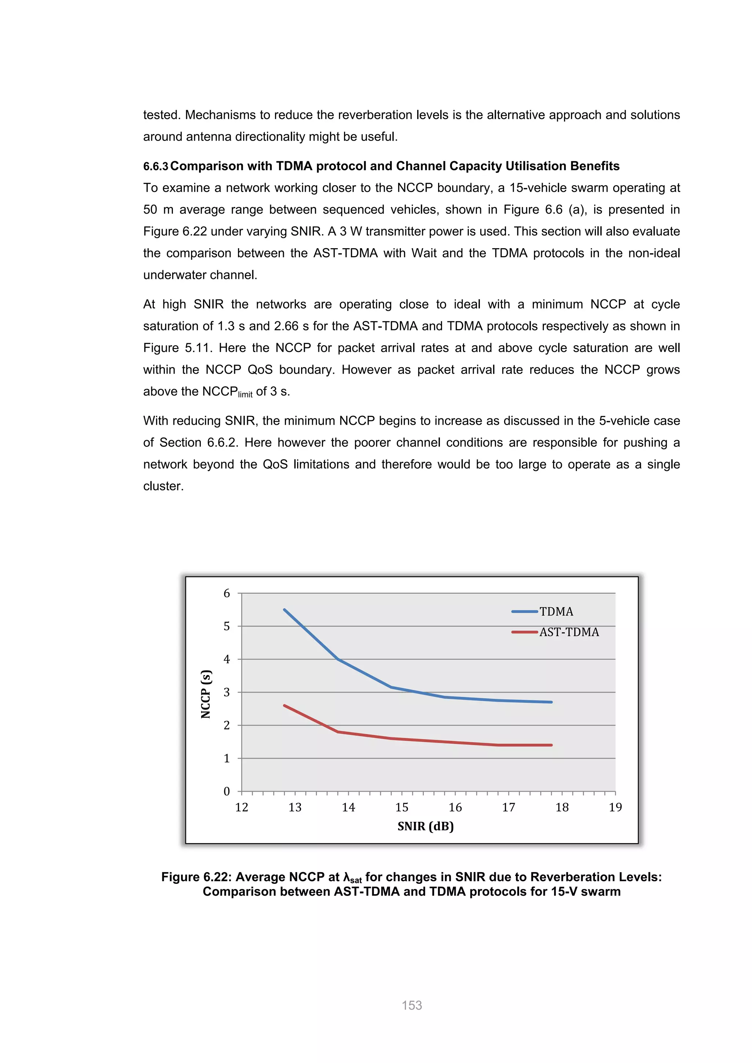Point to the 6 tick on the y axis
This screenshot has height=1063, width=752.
pyautogui.click(x=227, y=593)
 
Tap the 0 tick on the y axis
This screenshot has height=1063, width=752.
pyautogui.click(x=227, y=791)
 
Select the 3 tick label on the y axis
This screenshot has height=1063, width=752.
pyautogui.click(x=227, y=692)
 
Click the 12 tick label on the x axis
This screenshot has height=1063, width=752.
pyautogui.click(x=241, y=808)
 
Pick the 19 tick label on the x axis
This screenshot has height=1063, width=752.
pyautogui.click(x=615, y=808)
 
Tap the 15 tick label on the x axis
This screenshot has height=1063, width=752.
pyautogui.click(x=401, y=808)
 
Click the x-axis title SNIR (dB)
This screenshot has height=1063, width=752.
pyautogui.click(x=425, y=826)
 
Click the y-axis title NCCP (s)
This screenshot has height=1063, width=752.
pyautogui.click(x=206, y=693)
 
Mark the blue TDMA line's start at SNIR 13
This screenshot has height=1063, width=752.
pyautogui.click(x=284, y=610)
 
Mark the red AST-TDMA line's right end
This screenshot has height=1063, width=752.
pyautogui.click(x=551, y=745)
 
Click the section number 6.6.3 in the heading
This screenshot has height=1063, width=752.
pyautogui.click(x=156, y=167)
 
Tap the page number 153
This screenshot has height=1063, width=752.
pyautogui.click(x=412, y=1005)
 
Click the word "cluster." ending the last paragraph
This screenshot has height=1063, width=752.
pyautogui.click(x=163, y=486)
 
